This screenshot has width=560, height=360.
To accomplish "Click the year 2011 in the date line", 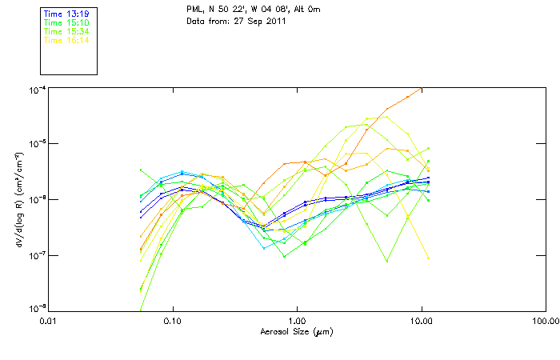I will (274, 21).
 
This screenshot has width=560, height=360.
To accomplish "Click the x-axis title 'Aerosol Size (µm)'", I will (297, 331).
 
